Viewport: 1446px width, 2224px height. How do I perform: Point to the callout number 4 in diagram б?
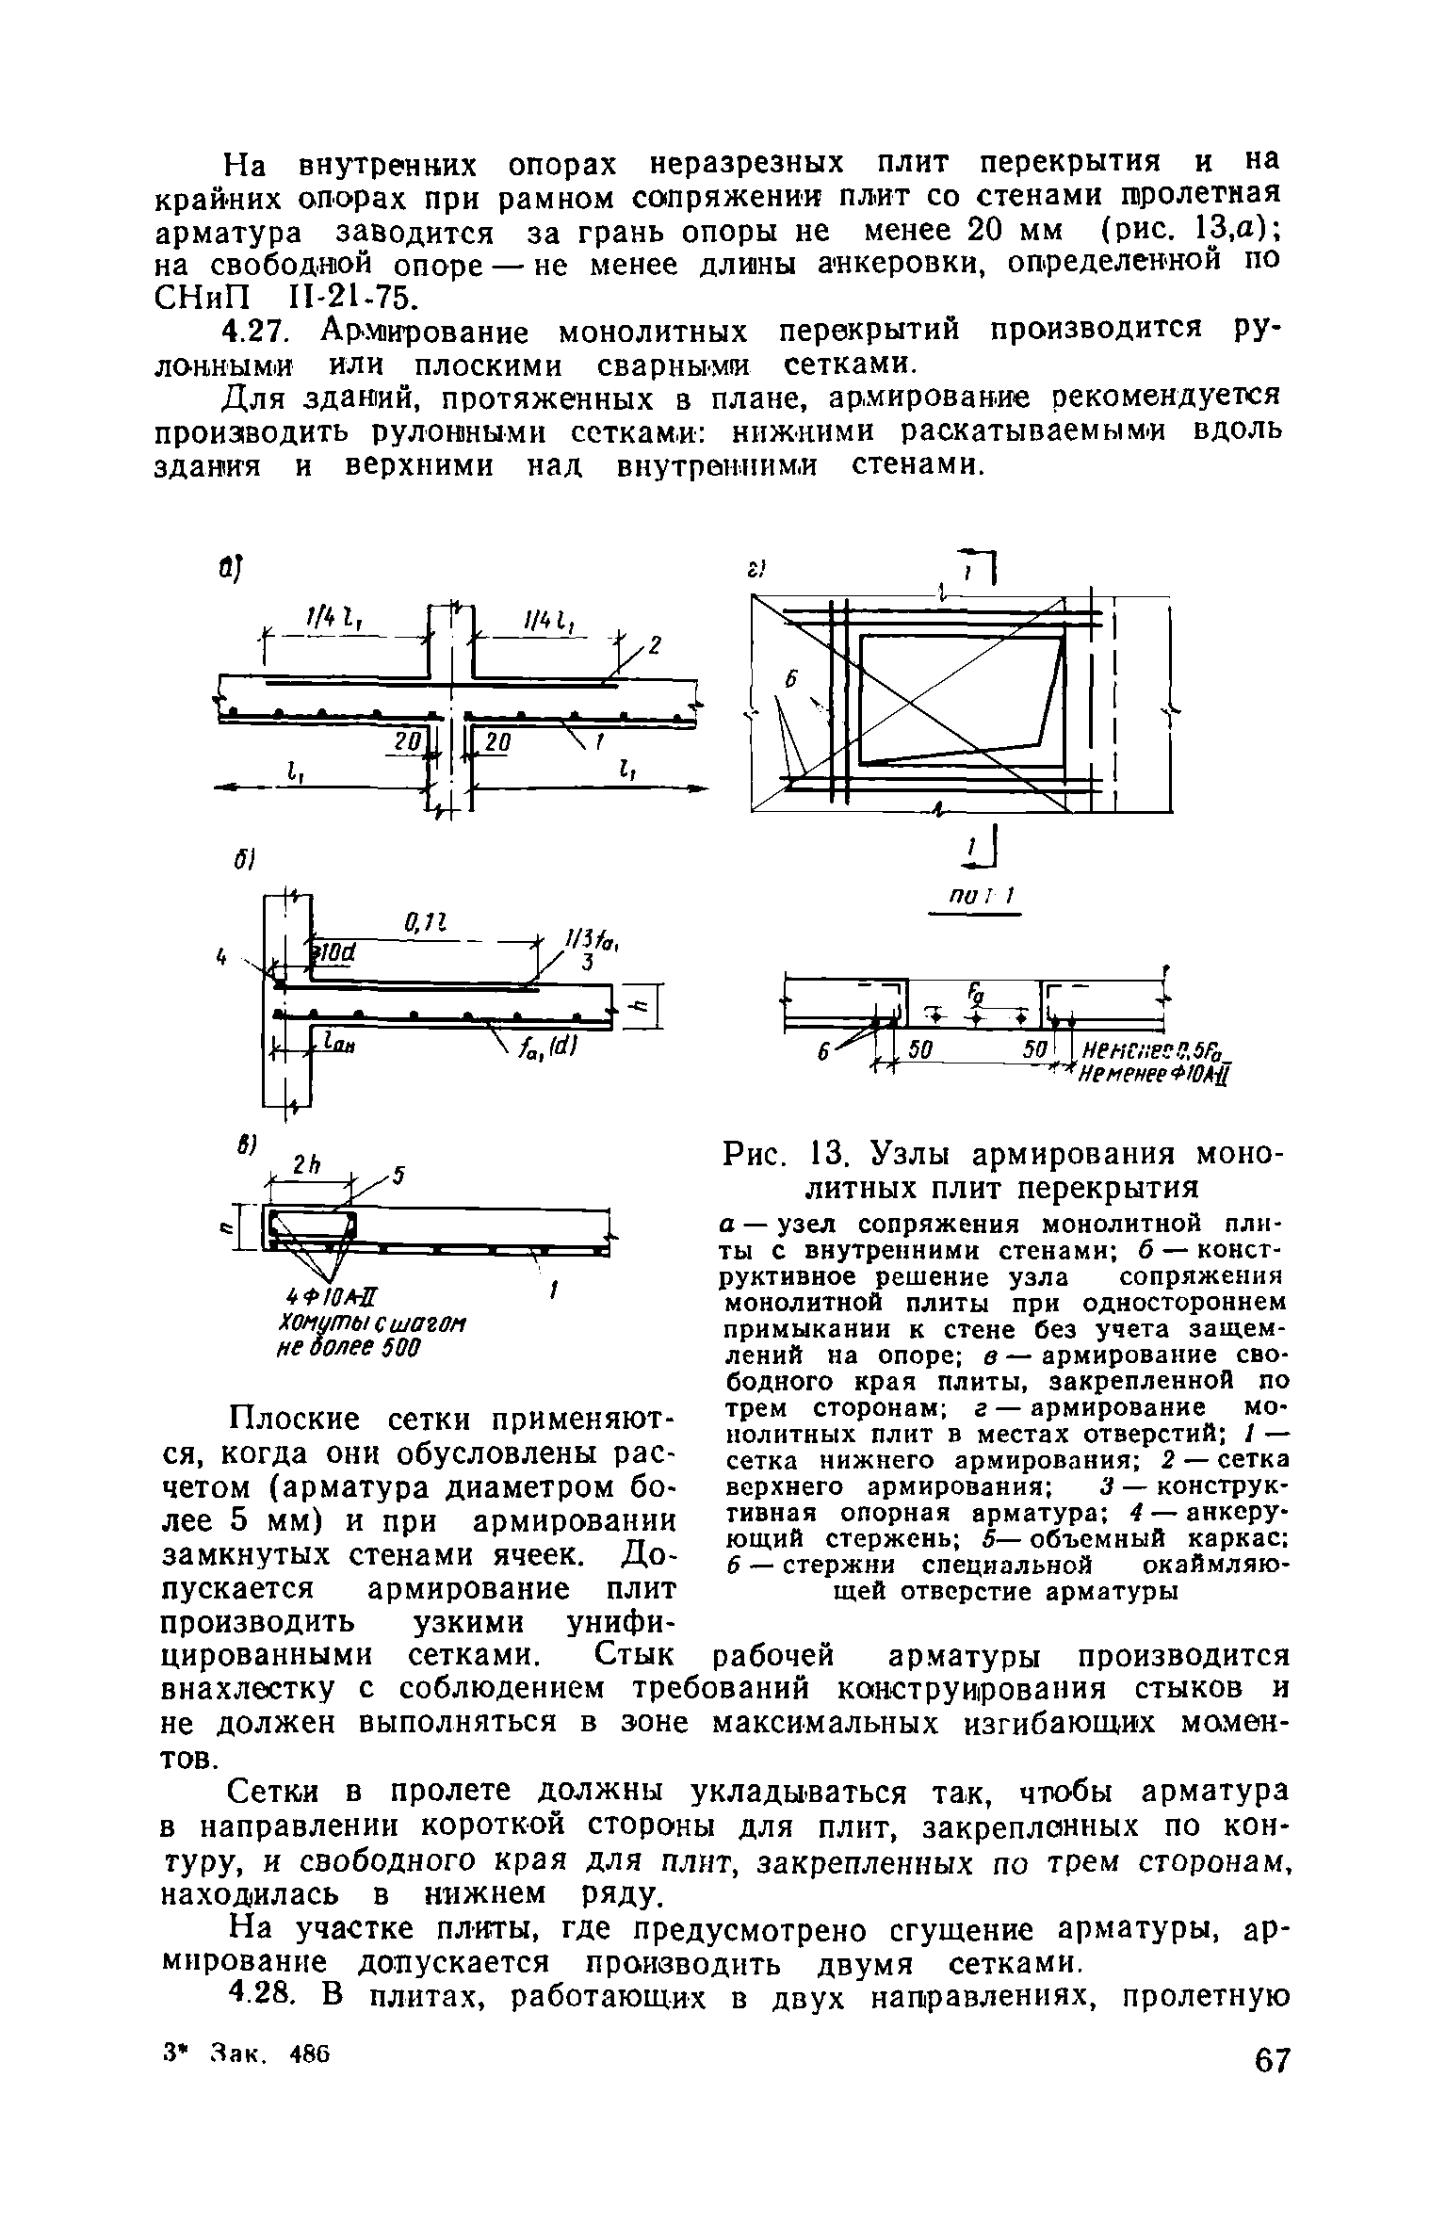pyautogui.click(x=222, y=958)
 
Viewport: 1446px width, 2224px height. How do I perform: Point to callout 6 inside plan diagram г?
pyautogui.click(x=791, y=681)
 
